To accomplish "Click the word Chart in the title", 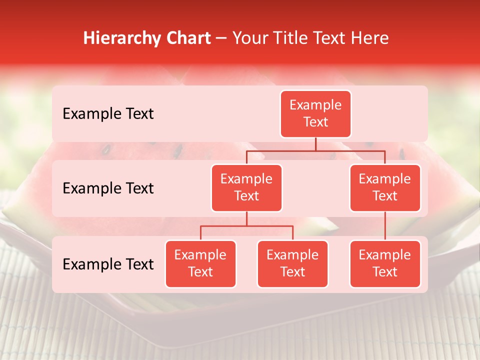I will click(188, 38).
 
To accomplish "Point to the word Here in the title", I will click(370, 38).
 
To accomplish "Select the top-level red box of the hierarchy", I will click(315, 114).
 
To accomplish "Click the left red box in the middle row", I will click(246, 188).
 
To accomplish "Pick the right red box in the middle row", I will click(385, 188).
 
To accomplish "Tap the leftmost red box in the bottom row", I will click(200, 264).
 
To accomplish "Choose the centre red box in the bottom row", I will click(292, 264).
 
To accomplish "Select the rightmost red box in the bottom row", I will click(385, 264).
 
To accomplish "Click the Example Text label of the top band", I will click(108, 114).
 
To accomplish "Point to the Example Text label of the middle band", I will click(108, 188).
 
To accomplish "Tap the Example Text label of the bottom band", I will click(108, 264).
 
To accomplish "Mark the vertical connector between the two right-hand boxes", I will click(385, 226).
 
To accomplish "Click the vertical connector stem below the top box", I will click(315, 144).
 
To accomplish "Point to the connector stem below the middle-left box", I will click(246, 219).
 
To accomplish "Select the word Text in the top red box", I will click(315, 122).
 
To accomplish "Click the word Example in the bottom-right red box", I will click(385, 255).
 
